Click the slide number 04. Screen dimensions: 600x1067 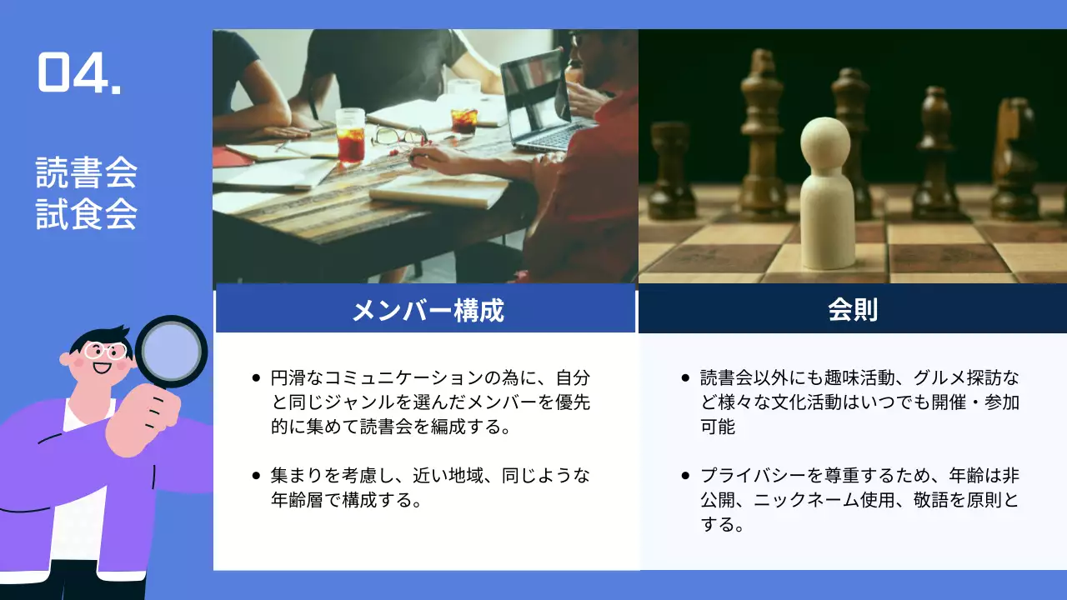[x=79, y=73]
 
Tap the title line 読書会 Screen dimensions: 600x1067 [x=87, y=174]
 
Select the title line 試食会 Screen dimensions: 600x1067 [x=87, y=215]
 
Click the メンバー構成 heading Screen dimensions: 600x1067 [x=427, y=311]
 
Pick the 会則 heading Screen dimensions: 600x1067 [x=852, y=310]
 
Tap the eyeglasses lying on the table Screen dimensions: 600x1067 [x=398, y=136]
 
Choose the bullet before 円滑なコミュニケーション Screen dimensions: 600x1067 [x=256, y=377]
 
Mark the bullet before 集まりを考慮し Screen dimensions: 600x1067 [x=256, y=476]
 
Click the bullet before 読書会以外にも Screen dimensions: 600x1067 [x=685, y=377]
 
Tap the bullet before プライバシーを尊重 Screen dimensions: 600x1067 [x=685, y=476]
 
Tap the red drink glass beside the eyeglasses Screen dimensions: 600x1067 [x=350, y=135]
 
